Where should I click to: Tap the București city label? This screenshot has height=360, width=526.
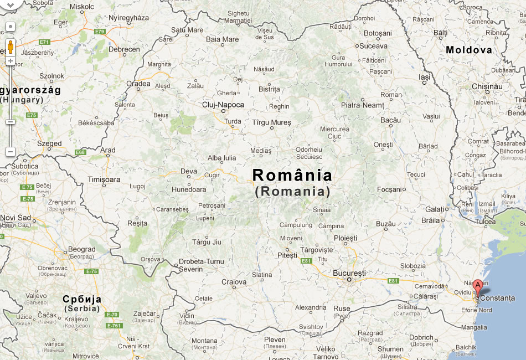349,273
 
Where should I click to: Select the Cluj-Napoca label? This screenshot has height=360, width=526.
223,104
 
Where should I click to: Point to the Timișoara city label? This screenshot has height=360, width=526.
104,179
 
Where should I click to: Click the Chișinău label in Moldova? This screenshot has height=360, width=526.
487,86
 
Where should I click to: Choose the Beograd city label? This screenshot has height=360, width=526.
81,250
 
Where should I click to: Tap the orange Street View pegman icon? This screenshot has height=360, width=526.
10,47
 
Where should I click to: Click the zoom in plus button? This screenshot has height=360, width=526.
10,61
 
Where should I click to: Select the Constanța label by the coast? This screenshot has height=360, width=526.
497,298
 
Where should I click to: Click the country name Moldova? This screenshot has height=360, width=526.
468,50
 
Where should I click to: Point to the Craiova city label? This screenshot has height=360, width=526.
234,282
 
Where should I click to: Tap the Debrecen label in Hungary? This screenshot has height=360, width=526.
124,49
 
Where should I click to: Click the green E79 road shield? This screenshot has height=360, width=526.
100,32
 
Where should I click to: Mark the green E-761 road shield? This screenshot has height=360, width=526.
114,325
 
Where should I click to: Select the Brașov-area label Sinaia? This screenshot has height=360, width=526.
322,210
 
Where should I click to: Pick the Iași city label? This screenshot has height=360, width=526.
425,78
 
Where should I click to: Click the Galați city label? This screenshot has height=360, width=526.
435,209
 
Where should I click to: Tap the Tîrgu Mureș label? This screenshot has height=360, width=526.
271,122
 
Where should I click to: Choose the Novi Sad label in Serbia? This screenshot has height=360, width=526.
15,218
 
